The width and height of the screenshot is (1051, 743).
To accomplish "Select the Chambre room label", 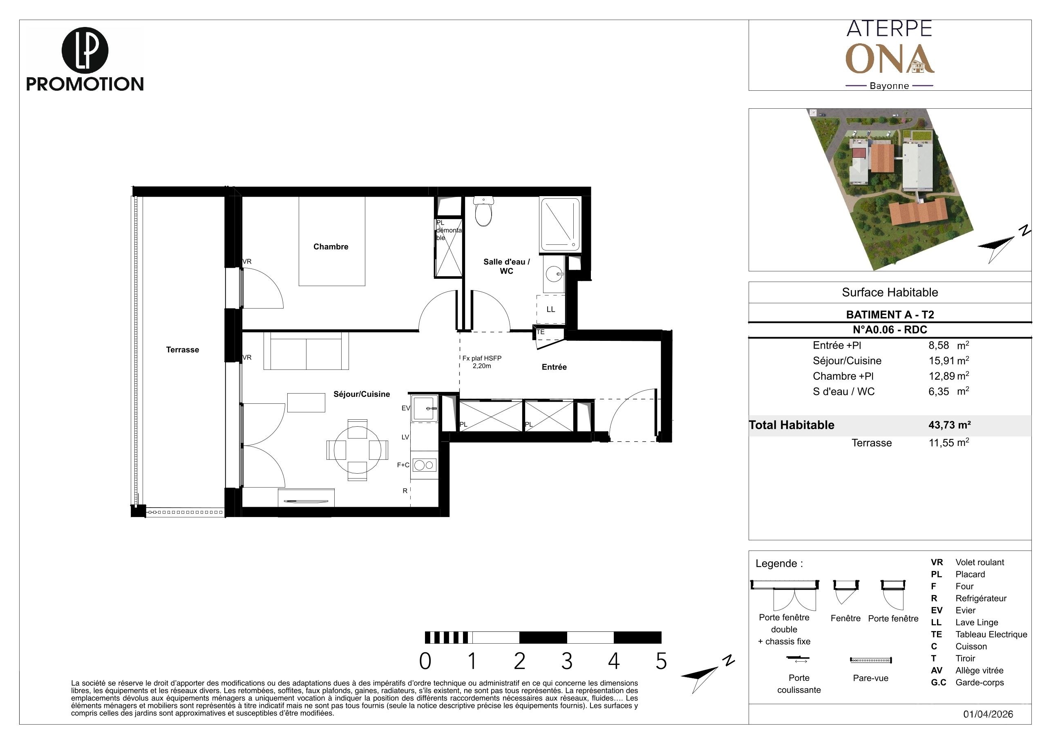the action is [331, 247].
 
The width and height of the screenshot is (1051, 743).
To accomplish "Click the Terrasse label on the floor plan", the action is [182, 350].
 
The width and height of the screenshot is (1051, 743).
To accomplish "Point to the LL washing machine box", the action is [551, 309].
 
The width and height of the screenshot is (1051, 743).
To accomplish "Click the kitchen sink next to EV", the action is [425, 408].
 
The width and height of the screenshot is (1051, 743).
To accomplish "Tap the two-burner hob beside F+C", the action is [424, 465].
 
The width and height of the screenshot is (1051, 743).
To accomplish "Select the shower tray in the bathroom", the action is [560, 224].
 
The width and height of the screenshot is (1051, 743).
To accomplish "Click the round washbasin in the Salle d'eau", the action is [555, 275].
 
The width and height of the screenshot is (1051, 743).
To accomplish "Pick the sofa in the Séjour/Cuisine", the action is [306, 351].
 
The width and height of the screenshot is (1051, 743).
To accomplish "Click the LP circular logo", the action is [85, 50].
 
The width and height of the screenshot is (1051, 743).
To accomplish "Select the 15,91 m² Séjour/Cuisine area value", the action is [949, 360].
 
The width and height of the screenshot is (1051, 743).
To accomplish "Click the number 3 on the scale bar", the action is [567, 661].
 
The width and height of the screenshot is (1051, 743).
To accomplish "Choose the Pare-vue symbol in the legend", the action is [871, 660].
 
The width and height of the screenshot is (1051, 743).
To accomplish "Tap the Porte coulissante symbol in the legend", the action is [798, 659].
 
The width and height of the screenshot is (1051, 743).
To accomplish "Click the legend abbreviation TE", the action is [936, 635].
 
